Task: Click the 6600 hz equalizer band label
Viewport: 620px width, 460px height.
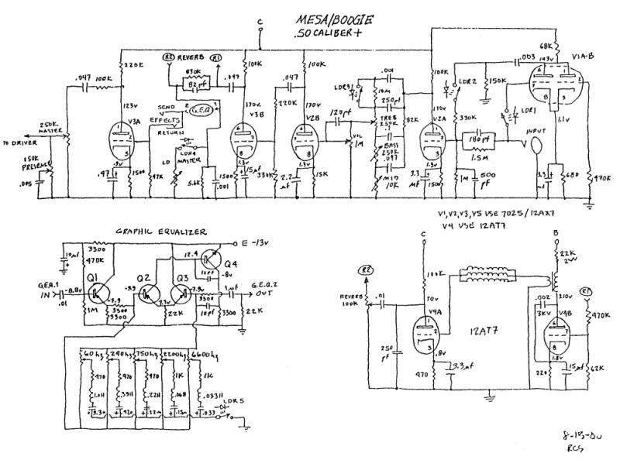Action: coord(203,352)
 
